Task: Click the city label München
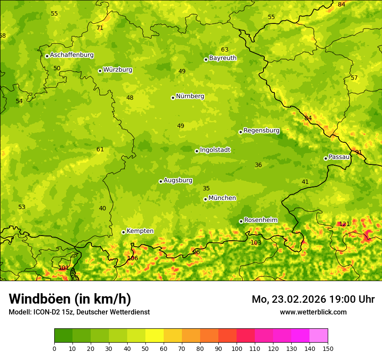222,198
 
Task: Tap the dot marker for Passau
326,158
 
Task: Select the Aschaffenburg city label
72,55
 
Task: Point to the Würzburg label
118,70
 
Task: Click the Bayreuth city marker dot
206,59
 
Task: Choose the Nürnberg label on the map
190,96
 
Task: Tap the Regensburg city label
261,131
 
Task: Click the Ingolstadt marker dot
197,151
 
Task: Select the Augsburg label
178,180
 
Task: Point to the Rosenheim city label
260,220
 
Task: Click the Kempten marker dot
123,232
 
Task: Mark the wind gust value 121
344,224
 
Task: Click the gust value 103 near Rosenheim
256,242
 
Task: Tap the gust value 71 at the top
100,28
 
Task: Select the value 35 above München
206,188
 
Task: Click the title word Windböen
40,299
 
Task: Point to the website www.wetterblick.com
313,312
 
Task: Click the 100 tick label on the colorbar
237,348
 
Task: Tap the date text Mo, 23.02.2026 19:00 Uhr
313,299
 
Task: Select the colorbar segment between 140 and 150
319,335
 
